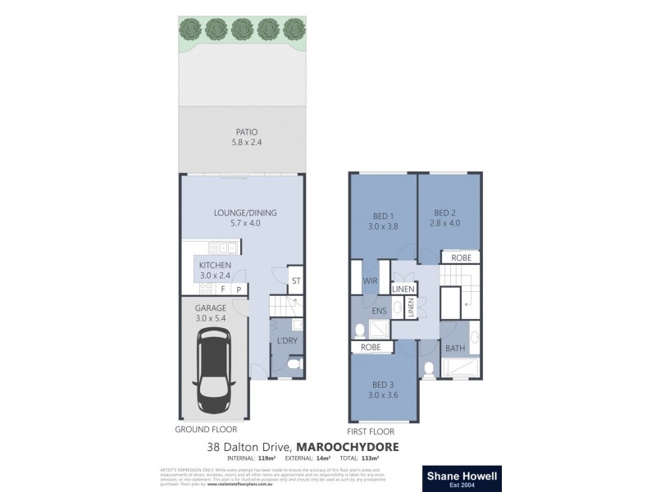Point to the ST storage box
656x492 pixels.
pyautogui.click(x=296, y=281)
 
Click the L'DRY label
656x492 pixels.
pyautogui.click(x=287, y=340)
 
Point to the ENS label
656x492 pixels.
pyautogui.click(x=380, y=312)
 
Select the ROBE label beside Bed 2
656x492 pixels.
pyautogui.click(x=461, y=257)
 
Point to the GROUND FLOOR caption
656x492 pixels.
pyautogui.click(x=207, y=430)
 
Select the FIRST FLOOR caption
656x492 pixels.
pyautogui.click(x=371, y=431)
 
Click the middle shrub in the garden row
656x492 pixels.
pyautogui.click(x=241, y=29)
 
